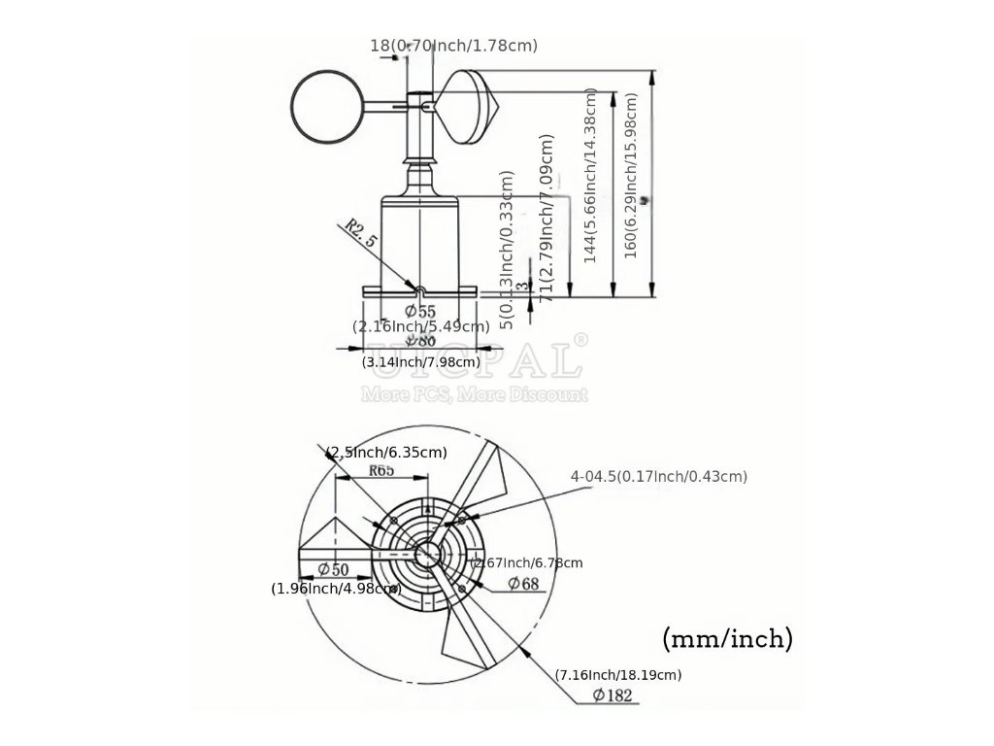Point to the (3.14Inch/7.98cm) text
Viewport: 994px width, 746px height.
[421, 362]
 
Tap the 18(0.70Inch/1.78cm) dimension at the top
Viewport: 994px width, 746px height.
[453, 45]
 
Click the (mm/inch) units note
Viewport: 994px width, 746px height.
[728, 638]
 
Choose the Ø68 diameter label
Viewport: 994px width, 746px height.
[523, 584]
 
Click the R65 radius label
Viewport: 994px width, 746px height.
[381, 471]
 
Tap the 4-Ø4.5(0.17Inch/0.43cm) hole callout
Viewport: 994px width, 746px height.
[659, 476]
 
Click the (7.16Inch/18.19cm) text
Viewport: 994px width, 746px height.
[618, 674]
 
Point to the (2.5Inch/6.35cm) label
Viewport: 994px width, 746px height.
[386, 452]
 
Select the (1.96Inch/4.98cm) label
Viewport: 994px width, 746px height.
[335, 588]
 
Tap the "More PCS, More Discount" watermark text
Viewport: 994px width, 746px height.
[475, 394]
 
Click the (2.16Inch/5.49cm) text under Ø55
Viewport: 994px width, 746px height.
[420, 326]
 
